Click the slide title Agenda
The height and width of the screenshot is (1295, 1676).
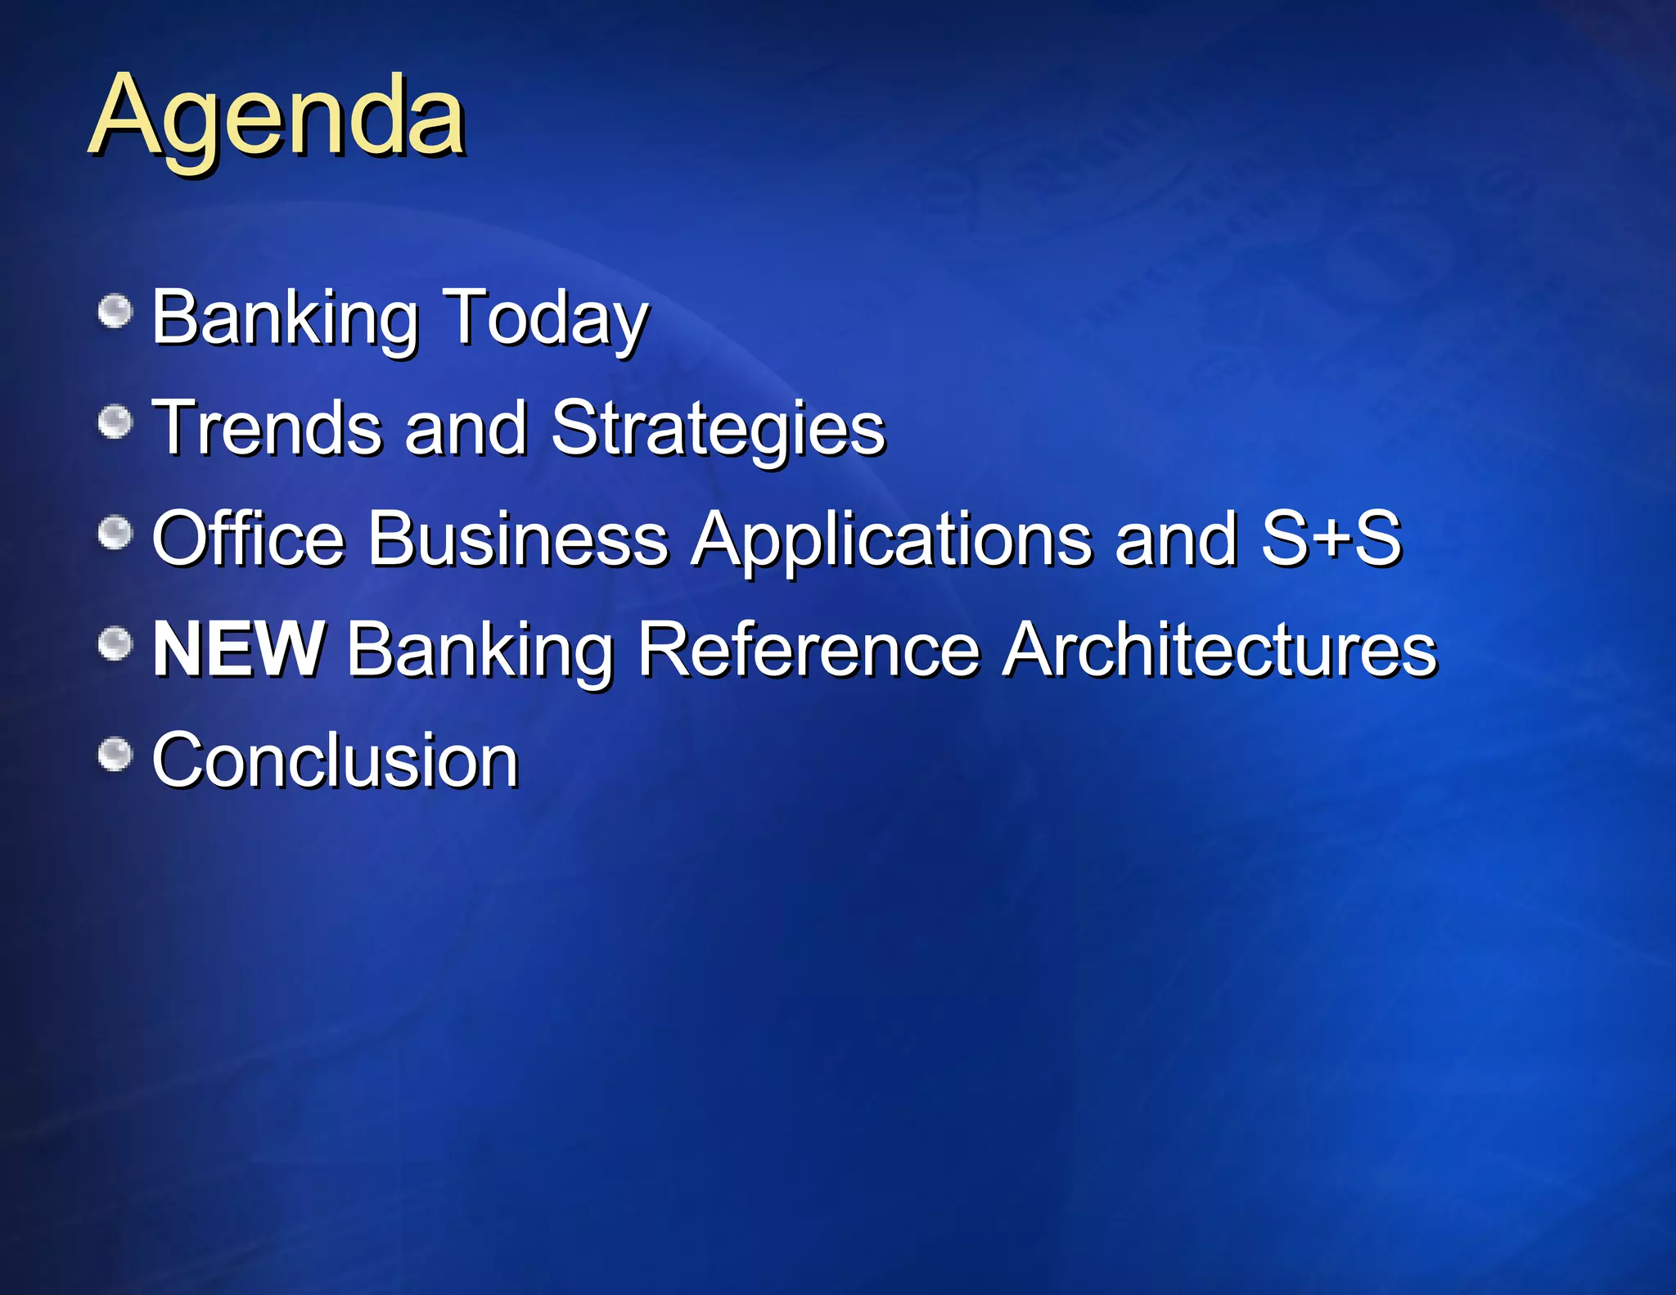(x=277, y=116)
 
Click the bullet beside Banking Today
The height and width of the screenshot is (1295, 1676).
(x=115, y=312)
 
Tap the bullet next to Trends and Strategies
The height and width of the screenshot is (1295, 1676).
(x=115, y=422)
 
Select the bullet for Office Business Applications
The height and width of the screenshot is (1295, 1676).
(x=115, y=534)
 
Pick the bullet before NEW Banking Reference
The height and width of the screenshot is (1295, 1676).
(x=115, y=644)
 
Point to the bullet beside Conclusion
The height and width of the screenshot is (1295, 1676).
(x=115, y=755)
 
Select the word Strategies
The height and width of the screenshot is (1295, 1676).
(x=718, y=429)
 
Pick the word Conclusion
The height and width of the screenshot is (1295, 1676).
(x=336, y=760)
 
